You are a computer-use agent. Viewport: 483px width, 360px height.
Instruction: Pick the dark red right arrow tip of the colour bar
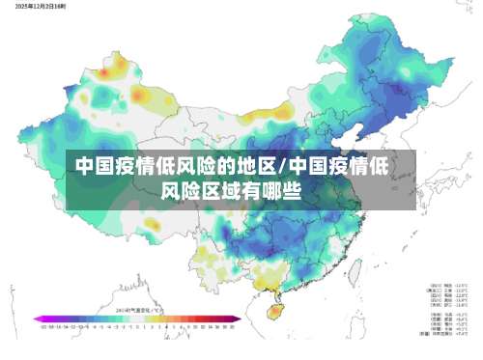click(238, 319)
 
